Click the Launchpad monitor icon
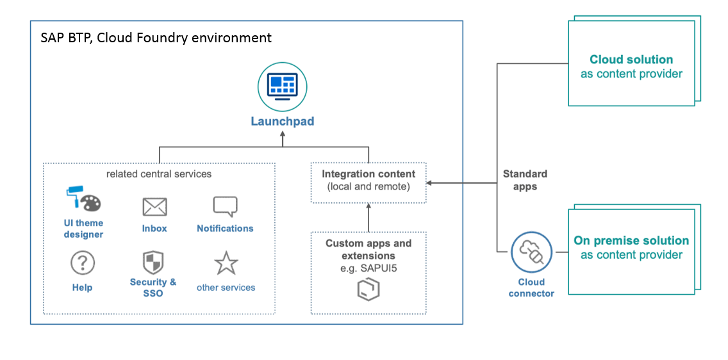click(x=282, y=88)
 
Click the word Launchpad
click(x=282, y=121)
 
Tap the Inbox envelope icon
click(x=154, y=207)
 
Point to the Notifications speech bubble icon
click(x=225, y=206)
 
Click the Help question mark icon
click(x=82, y=263)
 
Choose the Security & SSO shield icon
click(x=153, y=263)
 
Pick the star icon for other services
click(x=226, y=263)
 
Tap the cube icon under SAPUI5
click(x=368, y=289)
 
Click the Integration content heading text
click(x=368, y=174)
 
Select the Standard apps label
click(x=525, y=180)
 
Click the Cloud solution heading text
click(x=631, y=60)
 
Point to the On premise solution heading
click(x=631, y=241)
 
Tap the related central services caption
click(x=159, y=174)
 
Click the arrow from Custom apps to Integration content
click(x=368, y=218)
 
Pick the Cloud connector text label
click(x=531, y=288)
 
